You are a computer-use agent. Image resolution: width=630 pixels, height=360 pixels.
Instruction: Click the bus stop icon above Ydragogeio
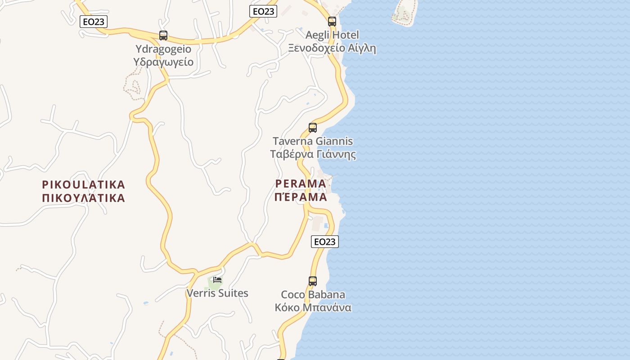pyautogui.click(x=163, y=35)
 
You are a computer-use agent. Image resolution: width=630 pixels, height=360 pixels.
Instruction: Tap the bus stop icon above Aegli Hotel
pyautogui.click(x=332, y=21)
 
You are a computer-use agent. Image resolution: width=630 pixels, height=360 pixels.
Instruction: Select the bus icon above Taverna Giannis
pyautogui.click(x=313, y=127)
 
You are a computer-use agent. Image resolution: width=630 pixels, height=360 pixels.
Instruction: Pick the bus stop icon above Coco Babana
pyautogui.click(x=313, y=281)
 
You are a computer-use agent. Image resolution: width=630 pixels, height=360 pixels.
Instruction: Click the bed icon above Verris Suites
pyautogui.click(x=217, y=280)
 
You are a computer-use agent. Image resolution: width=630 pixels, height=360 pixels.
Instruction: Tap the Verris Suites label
pyautogui.click(x=217, y=293)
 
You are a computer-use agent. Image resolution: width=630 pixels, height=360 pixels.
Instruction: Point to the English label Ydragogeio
pyautogui.click(x=163, y=49)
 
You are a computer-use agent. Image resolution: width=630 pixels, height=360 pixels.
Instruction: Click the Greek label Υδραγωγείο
pyautogui.click(x=163, y=62)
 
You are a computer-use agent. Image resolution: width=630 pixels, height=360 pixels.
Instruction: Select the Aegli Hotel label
pyautogui.click(x=332, y=35)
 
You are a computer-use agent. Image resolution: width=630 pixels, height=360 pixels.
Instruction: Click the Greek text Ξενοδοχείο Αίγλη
pyautogui.click(x=332, y=48)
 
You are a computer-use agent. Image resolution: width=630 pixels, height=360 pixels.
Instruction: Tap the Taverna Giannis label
pyautogui.click(x=313, y=141)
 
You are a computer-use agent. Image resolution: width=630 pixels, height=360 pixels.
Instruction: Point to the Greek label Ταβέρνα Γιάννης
pyautogui.click(x=313, y=154)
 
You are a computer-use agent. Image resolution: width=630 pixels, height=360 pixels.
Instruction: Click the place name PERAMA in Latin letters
pyautogui.click(x=301, y=184)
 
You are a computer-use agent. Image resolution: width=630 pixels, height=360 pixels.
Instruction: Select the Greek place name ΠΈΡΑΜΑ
pyautogui.click(x=301, y=197)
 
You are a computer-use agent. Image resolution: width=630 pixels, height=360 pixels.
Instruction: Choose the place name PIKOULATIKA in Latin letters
pyautogui.click(x=83, y=184)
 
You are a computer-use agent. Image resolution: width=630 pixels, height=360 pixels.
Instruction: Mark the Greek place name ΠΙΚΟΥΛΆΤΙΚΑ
pyautogui.click(x=83, y=198)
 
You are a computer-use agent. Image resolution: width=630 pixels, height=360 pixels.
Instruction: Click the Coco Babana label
pyautogui.click(x=313, y=295)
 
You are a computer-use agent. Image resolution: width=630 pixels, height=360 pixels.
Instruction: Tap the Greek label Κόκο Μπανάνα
pyautogui.click(x=313, y=308)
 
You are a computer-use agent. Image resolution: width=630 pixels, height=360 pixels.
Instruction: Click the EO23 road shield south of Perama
pyautogui.click(x=324, y=242)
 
